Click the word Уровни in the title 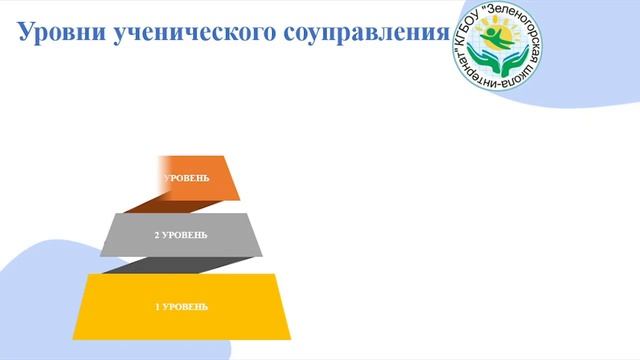[63, 32]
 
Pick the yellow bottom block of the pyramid [181, 305]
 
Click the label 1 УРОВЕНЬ [181, 306]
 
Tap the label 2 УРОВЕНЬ [181, 235]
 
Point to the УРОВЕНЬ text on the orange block [187, 178]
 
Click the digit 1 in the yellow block [157, 306]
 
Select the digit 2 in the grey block [156, 235]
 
